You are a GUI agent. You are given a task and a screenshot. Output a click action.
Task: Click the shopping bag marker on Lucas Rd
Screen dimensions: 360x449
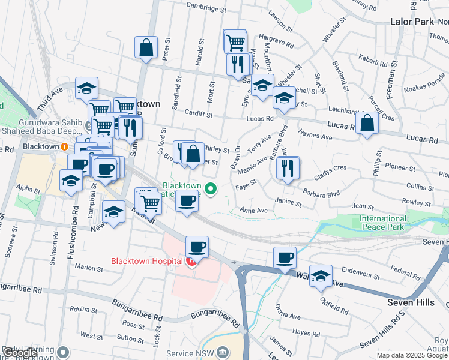[367, 124]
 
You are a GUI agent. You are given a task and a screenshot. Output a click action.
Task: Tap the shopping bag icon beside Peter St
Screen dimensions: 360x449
[146, 48]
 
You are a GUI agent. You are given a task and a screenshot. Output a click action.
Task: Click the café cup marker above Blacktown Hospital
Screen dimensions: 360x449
[197, 247]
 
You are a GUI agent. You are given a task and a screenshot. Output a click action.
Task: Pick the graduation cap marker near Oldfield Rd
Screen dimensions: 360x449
[321, 276]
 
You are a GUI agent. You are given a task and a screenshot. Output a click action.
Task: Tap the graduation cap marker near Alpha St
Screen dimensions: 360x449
[71, 181]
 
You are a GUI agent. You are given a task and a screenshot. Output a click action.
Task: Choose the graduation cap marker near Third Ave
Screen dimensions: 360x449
[86, 88]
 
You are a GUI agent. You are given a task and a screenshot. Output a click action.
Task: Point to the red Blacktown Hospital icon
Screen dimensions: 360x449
[191, 262]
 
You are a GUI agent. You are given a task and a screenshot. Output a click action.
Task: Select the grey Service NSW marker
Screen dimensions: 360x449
[224, 352]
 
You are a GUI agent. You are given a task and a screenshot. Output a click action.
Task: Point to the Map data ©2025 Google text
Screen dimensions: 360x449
[412, 355]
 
